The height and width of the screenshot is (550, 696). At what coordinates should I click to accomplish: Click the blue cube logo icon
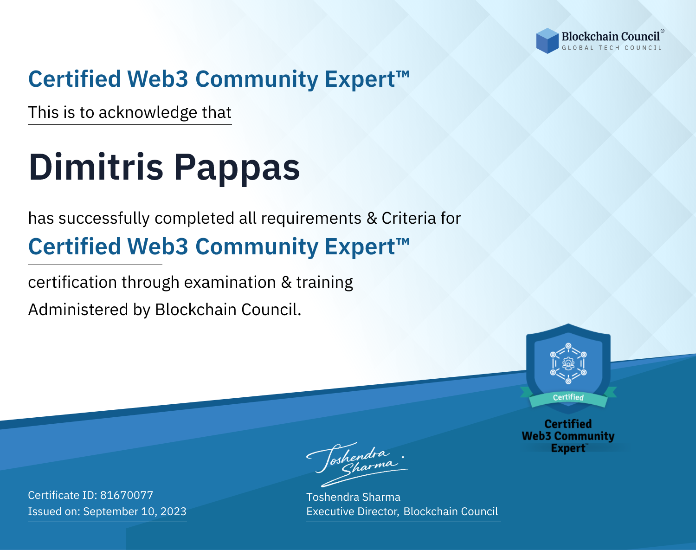tap(547, 41)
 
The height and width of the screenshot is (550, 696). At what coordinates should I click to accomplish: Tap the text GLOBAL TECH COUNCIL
tap(612, 48)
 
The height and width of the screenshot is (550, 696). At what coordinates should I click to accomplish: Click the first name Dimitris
tap(96, 167)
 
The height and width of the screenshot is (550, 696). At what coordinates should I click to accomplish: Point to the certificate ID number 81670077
tap(127, 495)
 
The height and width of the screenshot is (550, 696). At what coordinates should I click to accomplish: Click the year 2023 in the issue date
tap(174, 511)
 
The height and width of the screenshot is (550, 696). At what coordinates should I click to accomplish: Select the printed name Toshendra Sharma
tap(353, 497)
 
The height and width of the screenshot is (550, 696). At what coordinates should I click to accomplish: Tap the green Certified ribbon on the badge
tap(568, 397)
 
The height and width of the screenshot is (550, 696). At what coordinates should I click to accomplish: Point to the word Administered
tap(78, 309)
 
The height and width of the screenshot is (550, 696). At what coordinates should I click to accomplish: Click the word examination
tap(230, 282)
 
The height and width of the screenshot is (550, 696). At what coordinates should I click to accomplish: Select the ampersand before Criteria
tap(372, 219)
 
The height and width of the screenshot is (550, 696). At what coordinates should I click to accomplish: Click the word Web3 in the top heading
tap(157, 79)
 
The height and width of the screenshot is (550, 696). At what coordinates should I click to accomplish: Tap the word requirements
tap(311, 219)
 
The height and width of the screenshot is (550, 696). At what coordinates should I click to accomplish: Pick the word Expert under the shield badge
tap(568, 448)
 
